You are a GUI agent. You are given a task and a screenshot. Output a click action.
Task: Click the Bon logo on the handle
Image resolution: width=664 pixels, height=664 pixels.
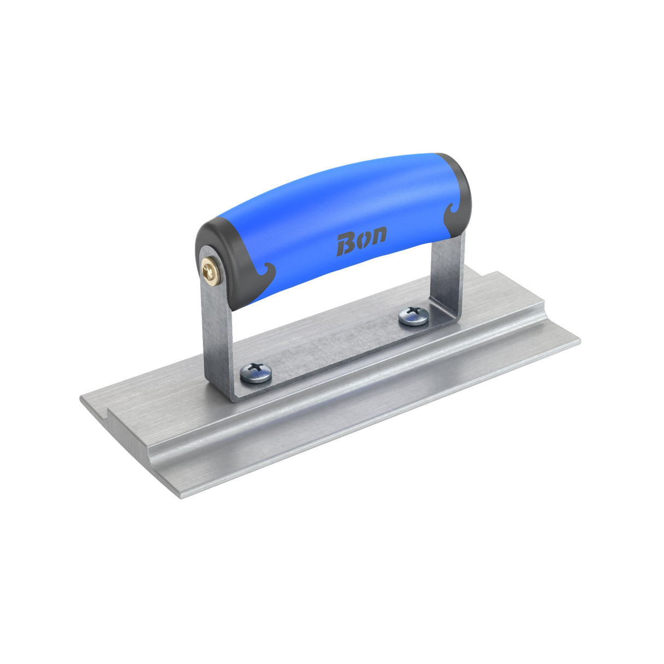[x=361, y=241]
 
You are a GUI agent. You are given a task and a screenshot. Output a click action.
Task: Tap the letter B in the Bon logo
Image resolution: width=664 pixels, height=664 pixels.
[x=346, y=244]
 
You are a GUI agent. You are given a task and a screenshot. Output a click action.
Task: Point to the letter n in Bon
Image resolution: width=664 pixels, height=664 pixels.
[x=377, y=236]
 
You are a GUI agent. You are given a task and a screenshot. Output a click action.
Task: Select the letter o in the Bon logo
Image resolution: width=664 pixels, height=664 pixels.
[x=363, y=240]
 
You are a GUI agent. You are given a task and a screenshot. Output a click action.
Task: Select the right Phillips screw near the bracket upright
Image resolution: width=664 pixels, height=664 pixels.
[x=413, y=316]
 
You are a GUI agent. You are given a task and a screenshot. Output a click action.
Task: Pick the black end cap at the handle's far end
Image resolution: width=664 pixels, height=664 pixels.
[x=457, y=191]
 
